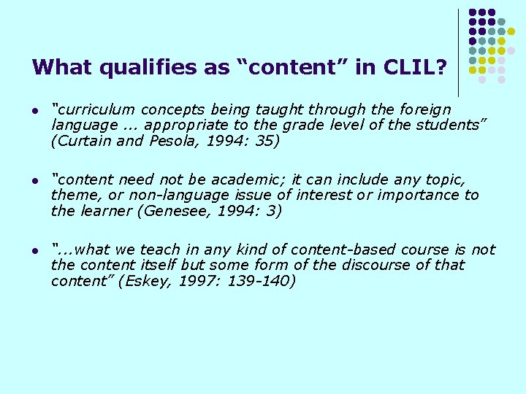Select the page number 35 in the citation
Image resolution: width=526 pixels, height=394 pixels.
pos(265,142)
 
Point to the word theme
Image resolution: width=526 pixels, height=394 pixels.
pos(72,196)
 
